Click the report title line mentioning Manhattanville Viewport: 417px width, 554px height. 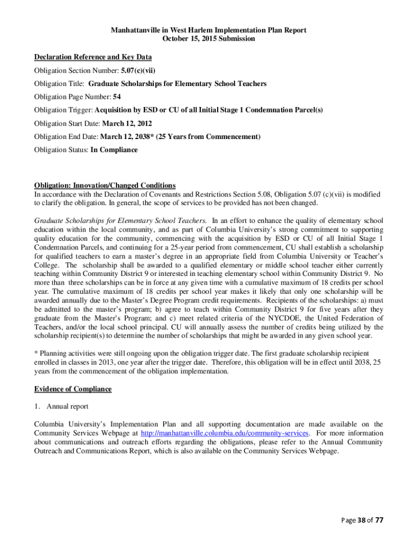(x=208, y=30)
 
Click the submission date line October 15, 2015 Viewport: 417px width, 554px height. (x=208, y=39)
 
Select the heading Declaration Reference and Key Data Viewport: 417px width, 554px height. (x=93, y=57)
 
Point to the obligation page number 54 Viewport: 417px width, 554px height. (x=116, y=97)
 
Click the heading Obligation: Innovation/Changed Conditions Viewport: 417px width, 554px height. (x=105, y=186)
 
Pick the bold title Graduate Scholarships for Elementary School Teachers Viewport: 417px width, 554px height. (x=177, y=84)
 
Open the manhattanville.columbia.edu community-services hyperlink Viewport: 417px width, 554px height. (x=225, y=433)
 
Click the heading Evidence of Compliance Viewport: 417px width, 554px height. (x=73, y=389)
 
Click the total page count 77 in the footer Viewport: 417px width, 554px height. (x=379, y=520)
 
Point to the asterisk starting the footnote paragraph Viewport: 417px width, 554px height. (x=36, y=354)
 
